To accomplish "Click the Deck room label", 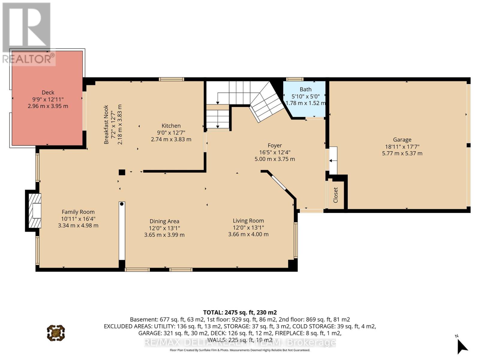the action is (48, 92).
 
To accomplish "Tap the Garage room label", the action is (402, 139).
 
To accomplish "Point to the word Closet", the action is (335, 195).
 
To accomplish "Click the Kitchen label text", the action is (171, 126).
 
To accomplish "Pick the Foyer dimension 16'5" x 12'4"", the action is (275, 152).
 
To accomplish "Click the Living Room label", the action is (248, 221).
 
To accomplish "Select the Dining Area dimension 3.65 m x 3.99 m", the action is (164, 235).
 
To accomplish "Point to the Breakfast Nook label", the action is (106, 124).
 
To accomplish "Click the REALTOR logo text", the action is (28, 59).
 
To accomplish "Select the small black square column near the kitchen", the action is (122, 172).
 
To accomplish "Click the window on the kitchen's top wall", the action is (171, 79).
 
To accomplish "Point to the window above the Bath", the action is (295, 79).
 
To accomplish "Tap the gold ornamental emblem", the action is (56, 333).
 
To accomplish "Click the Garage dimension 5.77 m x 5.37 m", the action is (402, 153).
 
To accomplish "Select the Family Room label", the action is (78, 212).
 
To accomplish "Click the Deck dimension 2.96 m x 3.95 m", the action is (48, 106).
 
